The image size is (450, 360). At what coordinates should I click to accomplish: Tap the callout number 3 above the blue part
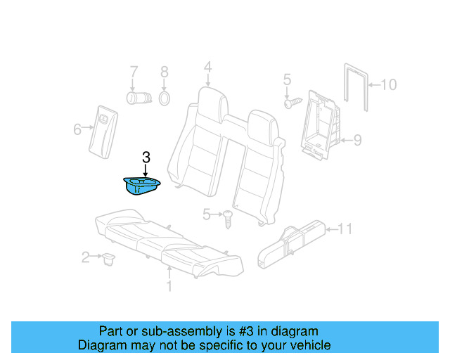(x=146, y=157)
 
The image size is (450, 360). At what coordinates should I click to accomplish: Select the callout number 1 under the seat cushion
(x=169, y=286)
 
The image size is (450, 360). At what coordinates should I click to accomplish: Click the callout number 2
(x=86, y=258)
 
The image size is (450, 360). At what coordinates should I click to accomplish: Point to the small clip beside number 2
(x=108, y=260)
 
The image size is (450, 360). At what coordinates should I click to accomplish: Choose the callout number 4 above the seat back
(x=208, y=67)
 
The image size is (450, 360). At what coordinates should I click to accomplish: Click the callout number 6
(x=77, y=129)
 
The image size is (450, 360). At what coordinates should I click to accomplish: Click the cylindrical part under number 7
(x=135, y=96)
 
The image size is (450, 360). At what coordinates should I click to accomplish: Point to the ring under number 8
(x=164, y=97)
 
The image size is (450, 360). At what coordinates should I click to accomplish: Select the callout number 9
(x=357, y=141)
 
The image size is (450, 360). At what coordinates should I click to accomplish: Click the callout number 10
(x=389, y=85)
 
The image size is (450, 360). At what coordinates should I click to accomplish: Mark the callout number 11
(x=345, y=229)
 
